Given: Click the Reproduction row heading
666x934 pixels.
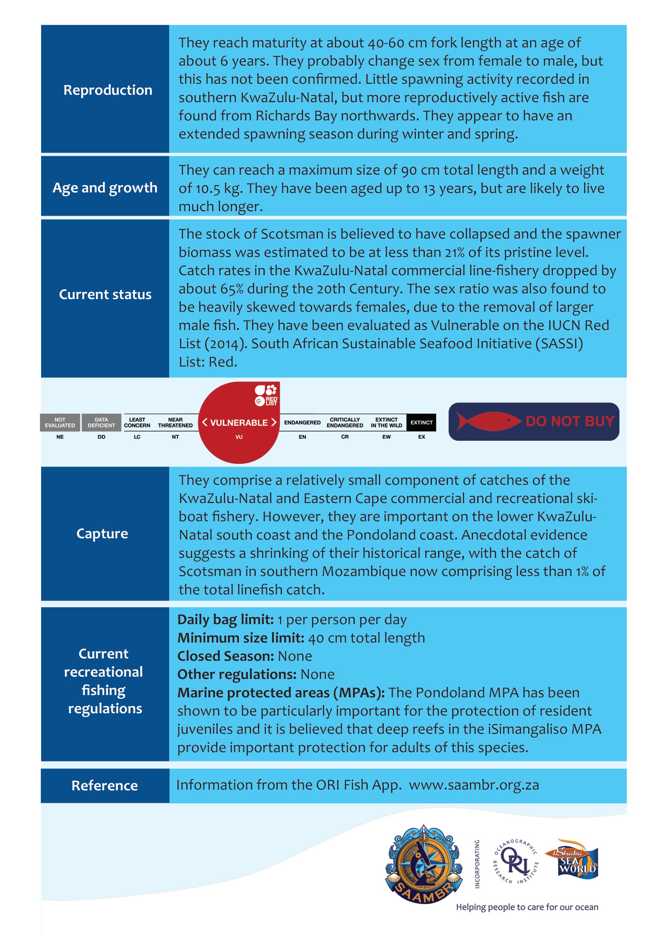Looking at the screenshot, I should point(107,90).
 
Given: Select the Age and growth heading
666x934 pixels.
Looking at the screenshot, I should point(105,188).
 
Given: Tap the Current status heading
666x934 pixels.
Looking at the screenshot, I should point(105,294).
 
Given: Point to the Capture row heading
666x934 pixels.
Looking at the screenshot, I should point(102,534).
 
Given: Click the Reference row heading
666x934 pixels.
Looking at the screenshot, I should point(105,785).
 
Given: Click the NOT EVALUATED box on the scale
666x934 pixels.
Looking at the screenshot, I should point(60,422).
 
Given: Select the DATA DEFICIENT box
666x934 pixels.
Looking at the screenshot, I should point(101,422).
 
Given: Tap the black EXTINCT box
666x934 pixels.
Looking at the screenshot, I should point(421,422).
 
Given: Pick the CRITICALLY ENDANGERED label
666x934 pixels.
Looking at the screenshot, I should point(345,422).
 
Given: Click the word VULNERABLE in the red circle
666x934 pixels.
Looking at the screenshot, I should point(239,423).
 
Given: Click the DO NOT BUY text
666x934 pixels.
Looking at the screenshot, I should point(570,421).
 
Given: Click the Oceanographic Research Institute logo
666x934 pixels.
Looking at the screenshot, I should point(516,861).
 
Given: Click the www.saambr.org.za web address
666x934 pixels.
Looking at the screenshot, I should point(474,785).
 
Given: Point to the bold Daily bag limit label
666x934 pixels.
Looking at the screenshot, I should point(226,620).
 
